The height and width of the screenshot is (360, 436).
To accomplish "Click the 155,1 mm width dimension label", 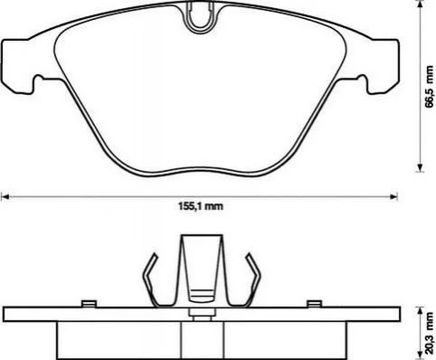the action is coord(201,206).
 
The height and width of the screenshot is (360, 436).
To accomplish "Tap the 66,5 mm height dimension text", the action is coord(429,86).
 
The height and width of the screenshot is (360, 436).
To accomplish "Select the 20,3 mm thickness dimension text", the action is coord(430,333).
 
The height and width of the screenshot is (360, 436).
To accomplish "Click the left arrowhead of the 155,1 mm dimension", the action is coord(5,197).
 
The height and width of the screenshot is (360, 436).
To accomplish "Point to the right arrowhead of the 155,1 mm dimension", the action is coord(393,197).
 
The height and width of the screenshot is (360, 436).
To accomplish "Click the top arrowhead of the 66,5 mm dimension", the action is coord(420,5).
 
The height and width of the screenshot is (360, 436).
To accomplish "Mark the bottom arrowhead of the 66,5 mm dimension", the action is coord(420,167).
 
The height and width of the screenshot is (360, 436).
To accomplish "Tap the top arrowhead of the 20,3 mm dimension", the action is coord(420,311).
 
